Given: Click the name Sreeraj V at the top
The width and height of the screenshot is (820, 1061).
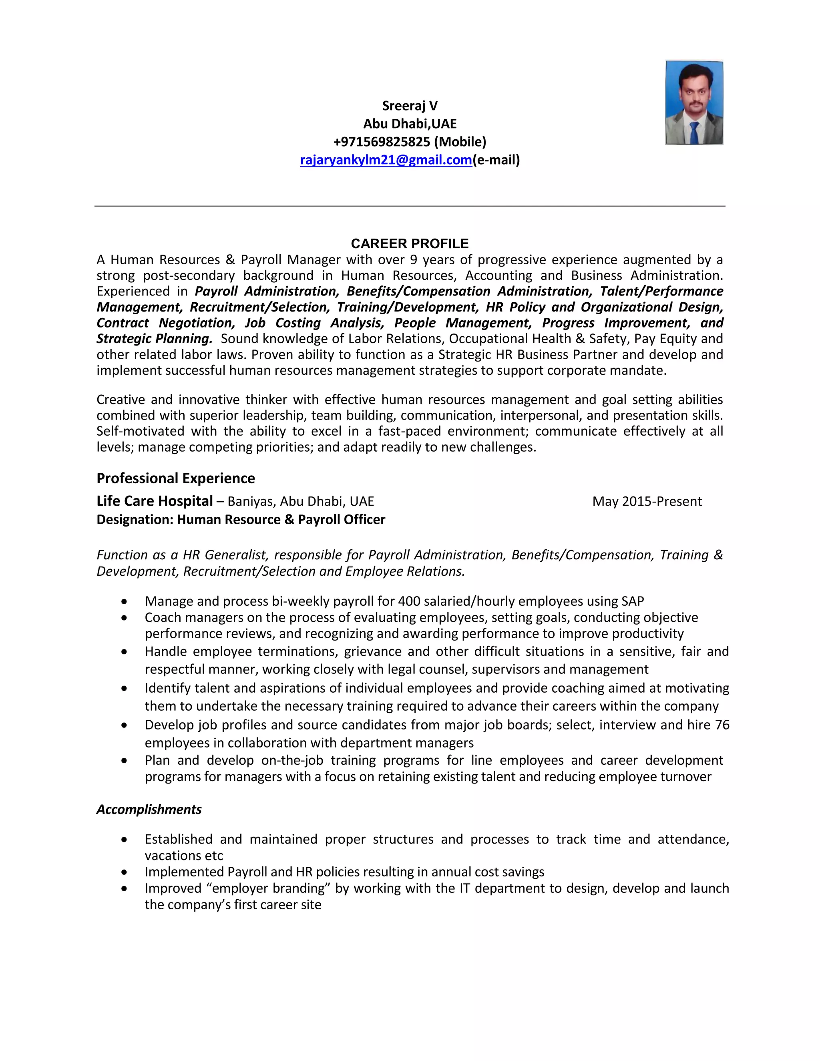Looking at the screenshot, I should pos(410,106).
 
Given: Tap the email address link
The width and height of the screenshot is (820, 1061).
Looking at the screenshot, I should pos(386,160).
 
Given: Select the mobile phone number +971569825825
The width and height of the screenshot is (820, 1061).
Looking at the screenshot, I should pos(382,142).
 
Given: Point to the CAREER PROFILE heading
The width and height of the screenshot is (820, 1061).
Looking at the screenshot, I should pos(410,243).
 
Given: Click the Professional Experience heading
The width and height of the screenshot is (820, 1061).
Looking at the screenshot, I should pos(175,478).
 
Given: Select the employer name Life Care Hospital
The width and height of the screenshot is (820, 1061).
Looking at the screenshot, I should pos(155,501).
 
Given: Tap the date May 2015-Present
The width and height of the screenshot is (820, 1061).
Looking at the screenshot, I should pos(647,501).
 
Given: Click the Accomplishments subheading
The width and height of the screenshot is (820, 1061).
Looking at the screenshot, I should pos(149,809).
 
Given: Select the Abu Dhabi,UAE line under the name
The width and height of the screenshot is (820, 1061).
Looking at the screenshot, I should pos(410,124).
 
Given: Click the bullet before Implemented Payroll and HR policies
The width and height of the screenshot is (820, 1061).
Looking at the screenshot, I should pos(125,872).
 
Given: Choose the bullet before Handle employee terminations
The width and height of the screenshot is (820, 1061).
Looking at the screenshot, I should pos(125,652).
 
